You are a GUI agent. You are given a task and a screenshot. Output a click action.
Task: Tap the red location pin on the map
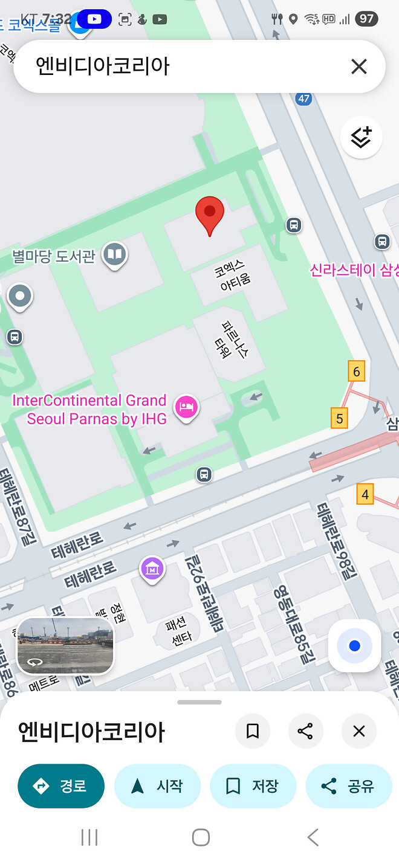coord(210,215)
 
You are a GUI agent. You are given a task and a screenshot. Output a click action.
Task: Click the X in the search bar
coord(359,66)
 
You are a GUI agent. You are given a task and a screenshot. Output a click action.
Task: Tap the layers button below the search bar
coord(361,137)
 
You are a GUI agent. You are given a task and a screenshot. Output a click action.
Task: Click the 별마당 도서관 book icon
coord(114,254)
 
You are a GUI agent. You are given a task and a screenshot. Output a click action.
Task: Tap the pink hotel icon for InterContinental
coord(186,406)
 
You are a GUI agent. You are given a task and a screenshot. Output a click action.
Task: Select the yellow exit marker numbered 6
coord(357,372)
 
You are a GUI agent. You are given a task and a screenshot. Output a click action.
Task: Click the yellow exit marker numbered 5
coord(340,418)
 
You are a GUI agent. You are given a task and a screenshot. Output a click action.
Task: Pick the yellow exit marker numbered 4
coord(365,494)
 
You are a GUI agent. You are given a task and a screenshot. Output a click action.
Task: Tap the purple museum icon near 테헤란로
coord(152,569)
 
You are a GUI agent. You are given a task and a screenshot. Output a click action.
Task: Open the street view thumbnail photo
coord(65,645)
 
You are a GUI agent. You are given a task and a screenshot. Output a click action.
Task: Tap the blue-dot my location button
coord(354,646)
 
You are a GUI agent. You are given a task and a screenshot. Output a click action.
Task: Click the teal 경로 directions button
coord(61,786)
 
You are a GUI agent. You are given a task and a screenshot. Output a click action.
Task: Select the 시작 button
coord(157,786)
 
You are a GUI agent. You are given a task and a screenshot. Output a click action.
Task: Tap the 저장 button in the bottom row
coord(253,786)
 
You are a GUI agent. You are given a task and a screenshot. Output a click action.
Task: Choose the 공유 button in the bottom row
coord(348,786)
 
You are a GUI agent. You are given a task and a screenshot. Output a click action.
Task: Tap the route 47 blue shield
coord(303,98)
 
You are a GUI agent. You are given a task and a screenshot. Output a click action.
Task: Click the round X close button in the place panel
coord(359,732)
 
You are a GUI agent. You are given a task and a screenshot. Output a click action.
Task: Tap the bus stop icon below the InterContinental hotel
coord(204,474)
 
